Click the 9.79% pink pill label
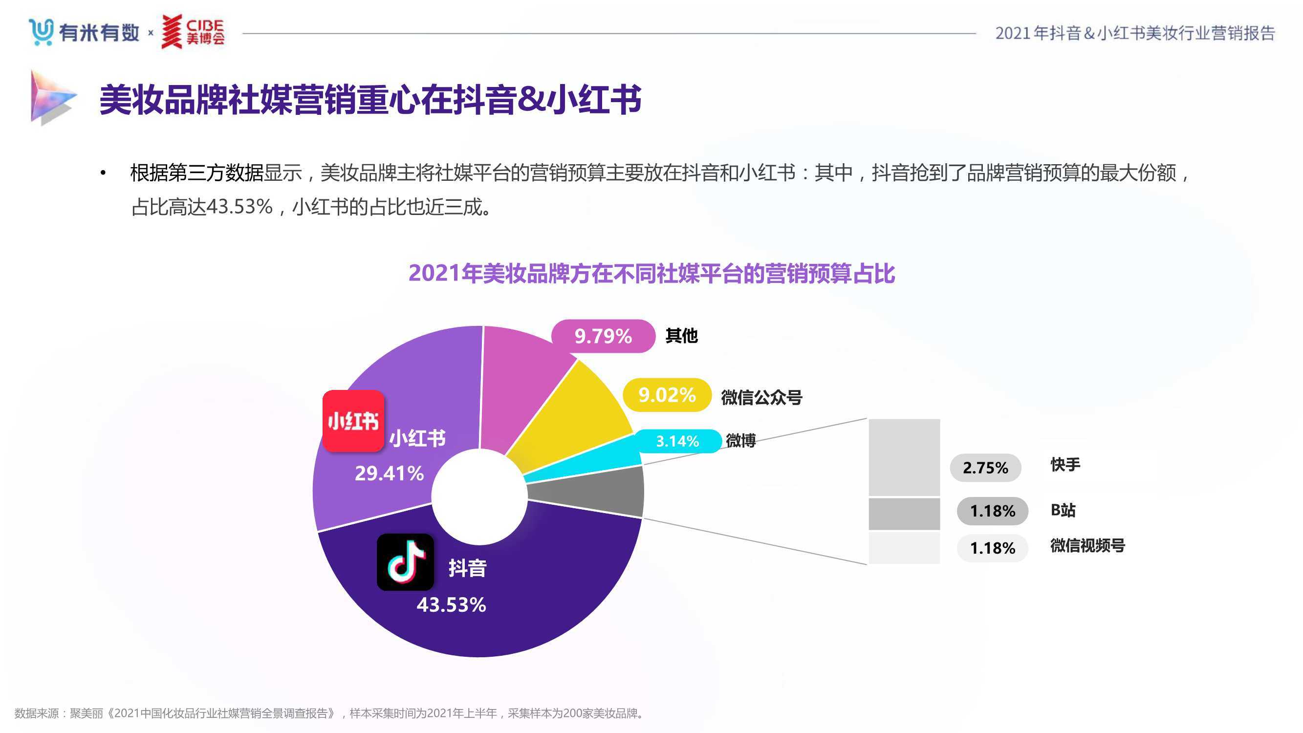603,336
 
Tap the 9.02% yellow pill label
667,395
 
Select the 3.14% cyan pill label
677,441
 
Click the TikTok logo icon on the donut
405,562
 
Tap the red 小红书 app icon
353,420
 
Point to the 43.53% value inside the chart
451,604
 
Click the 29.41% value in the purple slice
389,474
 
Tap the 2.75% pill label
985,468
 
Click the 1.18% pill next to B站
992,511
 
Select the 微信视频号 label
1087,545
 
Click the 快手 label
1065,464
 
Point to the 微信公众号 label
761,398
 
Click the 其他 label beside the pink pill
681,336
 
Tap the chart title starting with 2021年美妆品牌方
651,274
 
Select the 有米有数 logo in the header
84,32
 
